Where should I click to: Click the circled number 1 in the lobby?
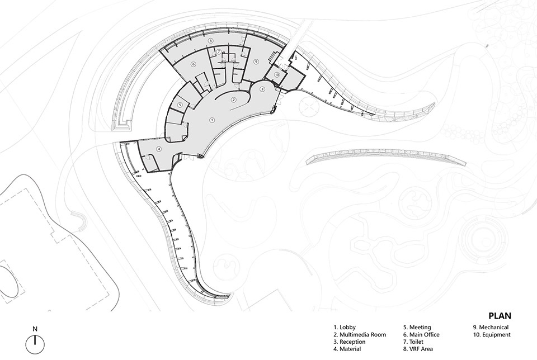(x=211, y=120)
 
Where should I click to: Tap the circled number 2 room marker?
(x=234, y=100)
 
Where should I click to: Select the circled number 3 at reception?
(x=262, y=89)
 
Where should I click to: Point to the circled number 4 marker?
(x=158, y=149)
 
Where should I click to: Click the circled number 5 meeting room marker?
(x=180, y=105)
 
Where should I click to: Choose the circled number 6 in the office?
(x=194, y=64)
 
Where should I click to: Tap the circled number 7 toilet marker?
(x=218, y=51)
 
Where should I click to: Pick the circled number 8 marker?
(x=211, y=41)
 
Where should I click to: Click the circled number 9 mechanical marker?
(x=255, y=61)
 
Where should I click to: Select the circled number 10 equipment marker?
(x=277, y=74)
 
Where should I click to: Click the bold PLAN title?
(x=500, y=315)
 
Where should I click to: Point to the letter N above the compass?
(x=35, y=329)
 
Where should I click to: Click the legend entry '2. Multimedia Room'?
(x=360, y=335)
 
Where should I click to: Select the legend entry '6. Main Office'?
(x=421, y=335)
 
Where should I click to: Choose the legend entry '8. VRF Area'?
(x=418, y=349)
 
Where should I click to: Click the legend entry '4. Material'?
(x=347, y=349)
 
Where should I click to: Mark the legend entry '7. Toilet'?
(x=413, y=342)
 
